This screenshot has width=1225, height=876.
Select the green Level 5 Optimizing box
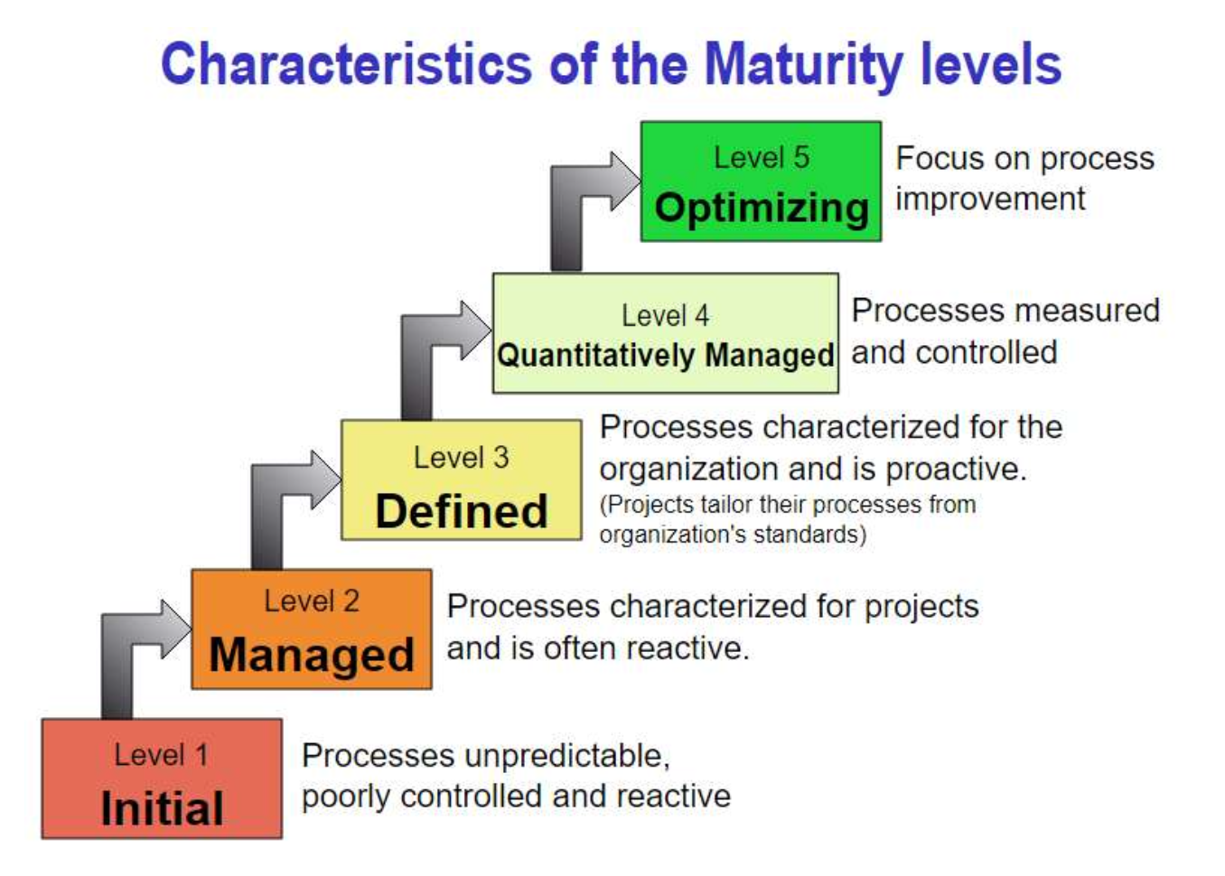point(761,181)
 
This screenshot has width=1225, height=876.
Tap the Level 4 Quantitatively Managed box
point(665,333)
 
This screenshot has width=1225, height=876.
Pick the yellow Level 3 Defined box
point(461,480)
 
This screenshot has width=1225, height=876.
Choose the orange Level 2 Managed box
point(311,629)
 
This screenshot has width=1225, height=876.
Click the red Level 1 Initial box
point(162,778)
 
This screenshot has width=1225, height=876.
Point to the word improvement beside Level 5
point(990,199)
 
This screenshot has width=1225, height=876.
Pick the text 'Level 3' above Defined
point(461,458)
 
